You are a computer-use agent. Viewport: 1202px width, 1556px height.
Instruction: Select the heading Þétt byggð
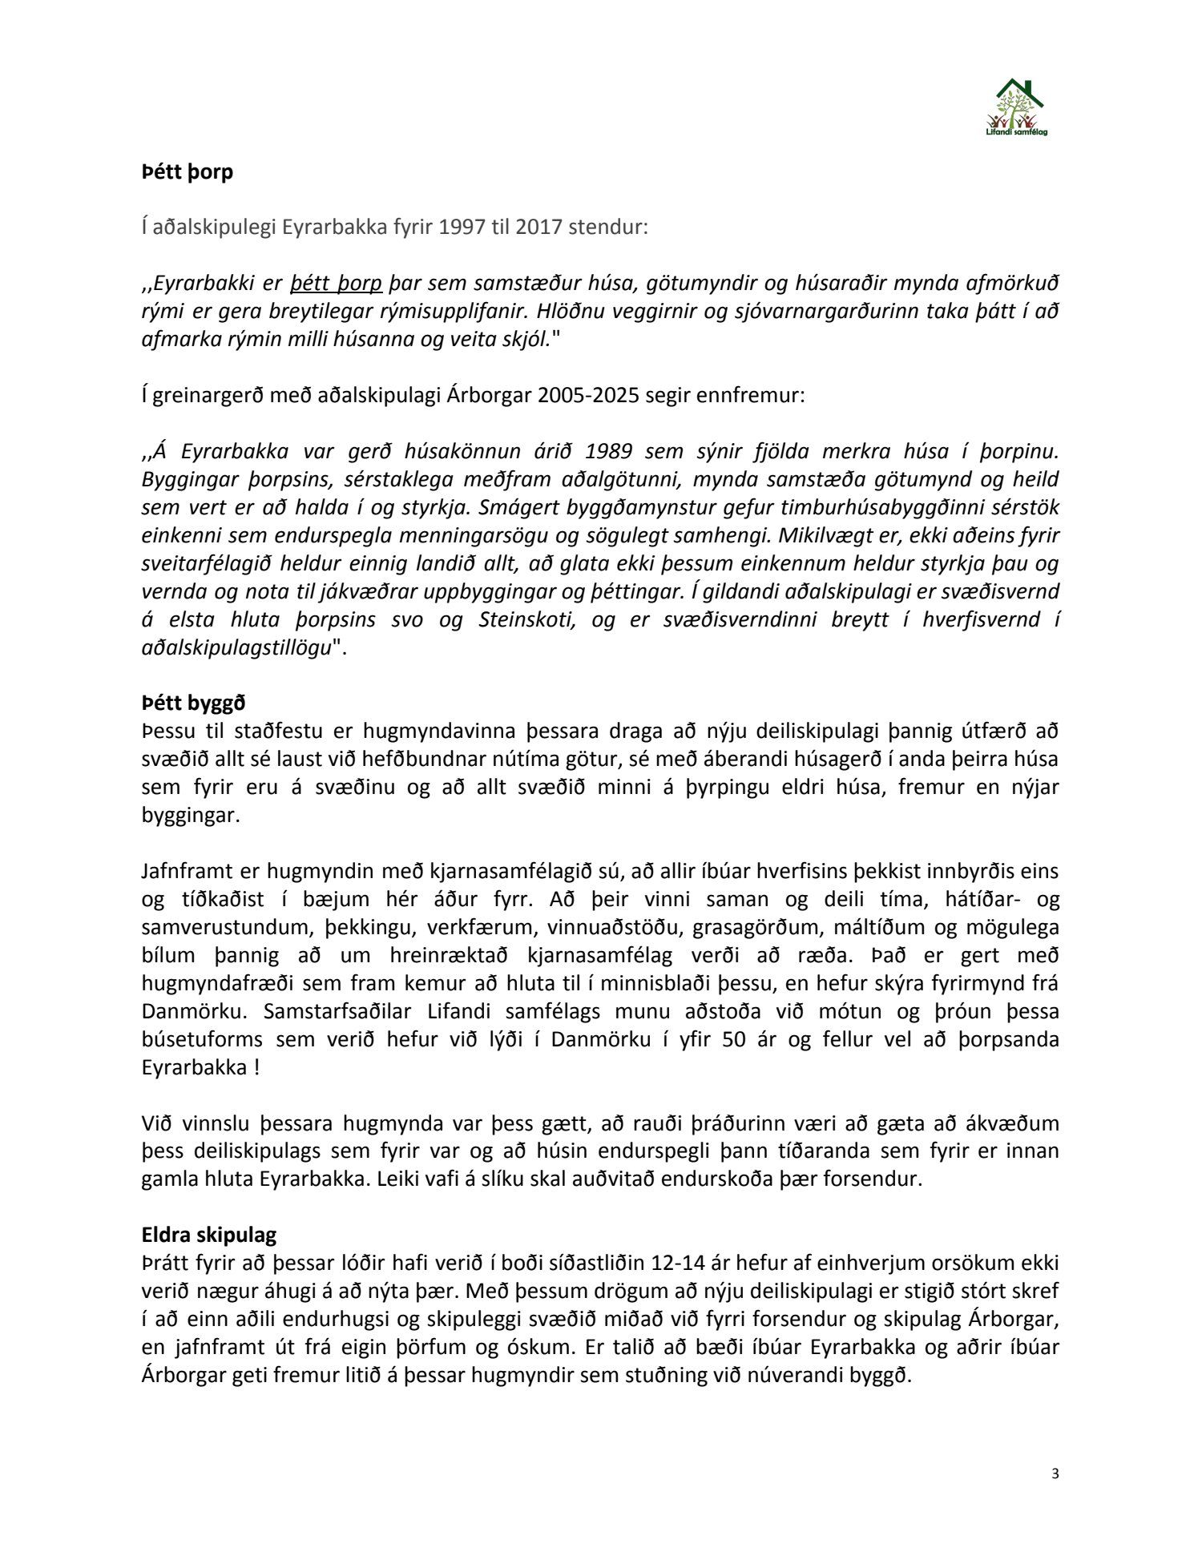pos(193,703)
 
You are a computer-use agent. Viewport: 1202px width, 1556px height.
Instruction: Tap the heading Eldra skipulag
pos(209,1235)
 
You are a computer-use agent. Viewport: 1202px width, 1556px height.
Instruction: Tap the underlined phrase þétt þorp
pos(336,283)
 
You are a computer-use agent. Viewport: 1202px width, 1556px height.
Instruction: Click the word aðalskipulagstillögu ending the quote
pos(236,647)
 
